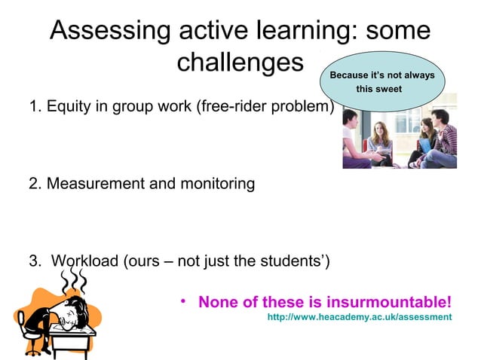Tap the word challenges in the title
pyautogui.click(x=239, y=63)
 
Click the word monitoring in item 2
pyautogui.click(x=215, y=184)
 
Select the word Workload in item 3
pyautogui.click(x=84, y=262)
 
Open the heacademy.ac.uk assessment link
pyautogui.click(x=360, y=318)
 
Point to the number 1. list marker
pyautogui.click(x=34, y=107)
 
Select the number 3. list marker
pyautogui.click(x=34, y=262)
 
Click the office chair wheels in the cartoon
pyautogui.click(x=34, y=349)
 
